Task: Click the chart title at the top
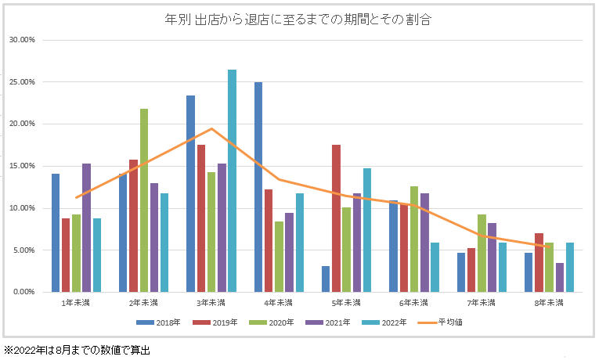coord(298,20)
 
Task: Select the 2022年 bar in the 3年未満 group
coord(232,181)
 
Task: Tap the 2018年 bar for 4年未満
coord(258,187)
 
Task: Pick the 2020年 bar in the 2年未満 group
coord(143,200)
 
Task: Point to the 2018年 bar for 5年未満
coord(326,279)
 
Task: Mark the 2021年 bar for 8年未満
coord(559,277)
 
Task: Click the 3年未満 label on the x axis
coord(211,303)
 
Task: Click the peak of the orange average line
coord(211,128)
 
